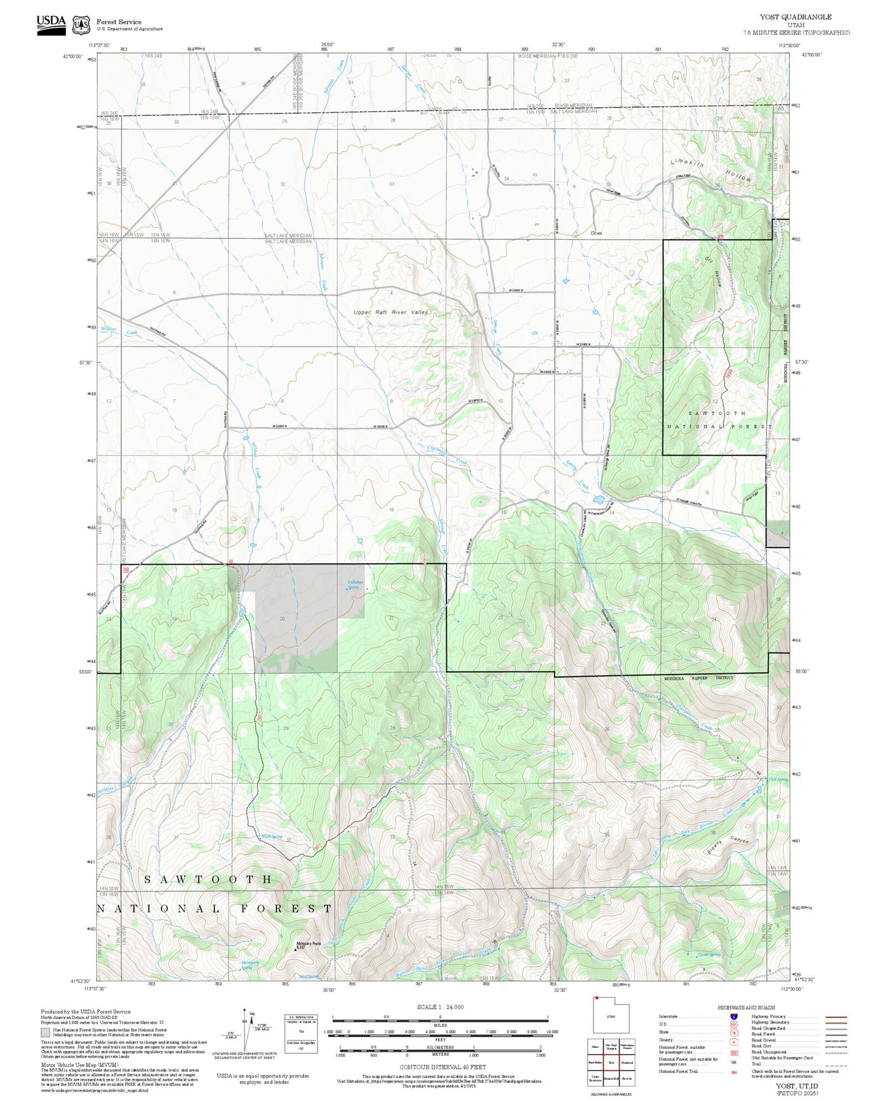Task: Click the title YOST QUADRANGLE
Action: [796, 17]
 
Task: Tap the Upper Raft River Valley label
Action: [391, 312]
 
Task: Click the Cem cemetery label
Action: [597, 234]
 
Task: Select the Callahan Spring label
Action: [355, 584]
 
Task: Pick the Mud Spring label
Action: [309, 976]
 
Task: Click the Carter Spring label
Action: [709, 955]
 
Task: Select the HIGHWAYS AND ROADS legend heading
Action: [746, 1007]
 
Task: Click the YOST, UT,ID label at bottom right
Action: [796, 1086]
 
